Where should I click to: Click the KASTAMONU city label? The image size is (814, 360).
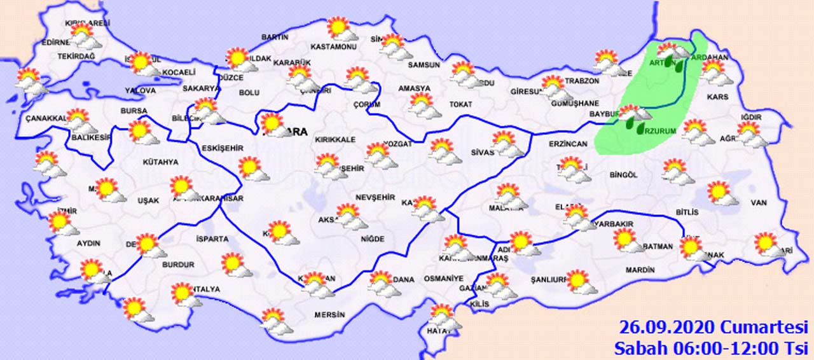tap(334, 47)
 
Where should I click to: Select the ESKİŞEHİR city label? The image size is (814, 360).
tap(223, 148)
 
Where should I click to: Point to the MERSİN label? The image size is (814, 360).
tap(329, 315)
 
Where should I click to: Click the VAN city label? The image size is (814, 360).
tap(759, 203)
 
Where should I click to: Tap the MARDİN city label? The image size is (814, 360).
tap(640, 270)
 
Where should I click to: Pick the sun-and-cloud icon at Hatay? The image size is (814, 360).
tap(444, 317)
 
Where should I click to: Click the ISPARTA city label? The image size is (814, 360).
tap(213, 239)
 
